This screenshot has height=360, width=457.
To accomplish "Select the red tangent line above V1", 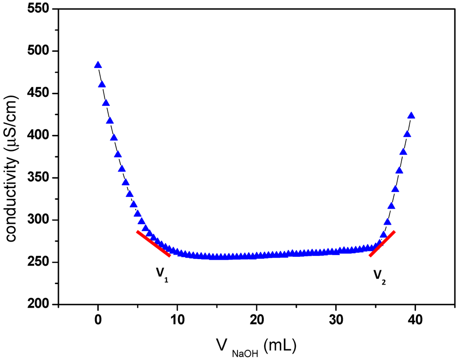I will pos(154,244).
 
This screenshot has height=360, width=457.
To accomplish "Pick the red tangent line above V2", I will pos(382,243).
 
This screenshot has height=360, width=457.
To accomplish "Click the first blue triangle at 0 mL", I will pos(98,65).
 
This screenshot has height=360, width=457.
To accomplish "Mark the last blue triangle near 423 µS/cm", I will pos(411,116).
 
